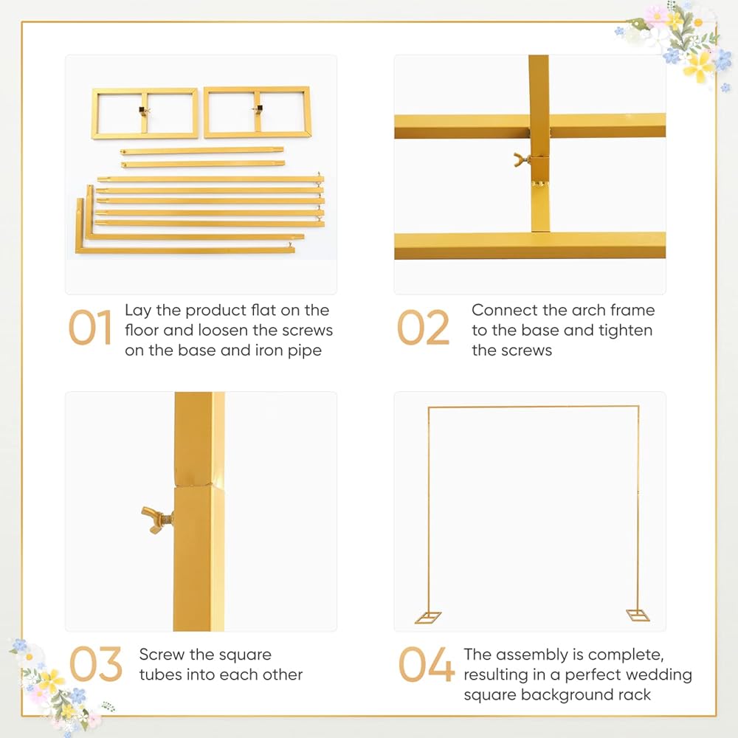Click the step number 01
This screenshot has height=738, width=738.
[x=90, y=328]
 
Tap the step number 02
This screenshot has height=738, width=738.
[x=423, y=328]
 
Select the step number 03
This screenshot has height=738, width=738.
[x=95, y=664]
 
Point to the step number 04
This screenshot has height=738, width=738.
[x=426, y=664]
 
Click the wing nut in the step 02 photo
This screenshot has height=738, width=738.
[x=522, y=159]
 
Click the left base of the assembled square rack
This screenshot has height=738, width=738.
[x=428, y=617]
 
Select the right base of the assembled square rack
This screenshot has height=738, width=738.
[x=638, y=615]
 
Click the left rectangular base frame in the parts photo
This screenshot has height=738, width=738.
[x=145, y=114]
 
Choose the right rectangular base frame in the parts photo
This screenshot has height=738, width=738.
[x=258, y=112]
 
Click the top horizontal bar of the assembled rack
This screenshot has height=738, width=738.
[x=534, y=407]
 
